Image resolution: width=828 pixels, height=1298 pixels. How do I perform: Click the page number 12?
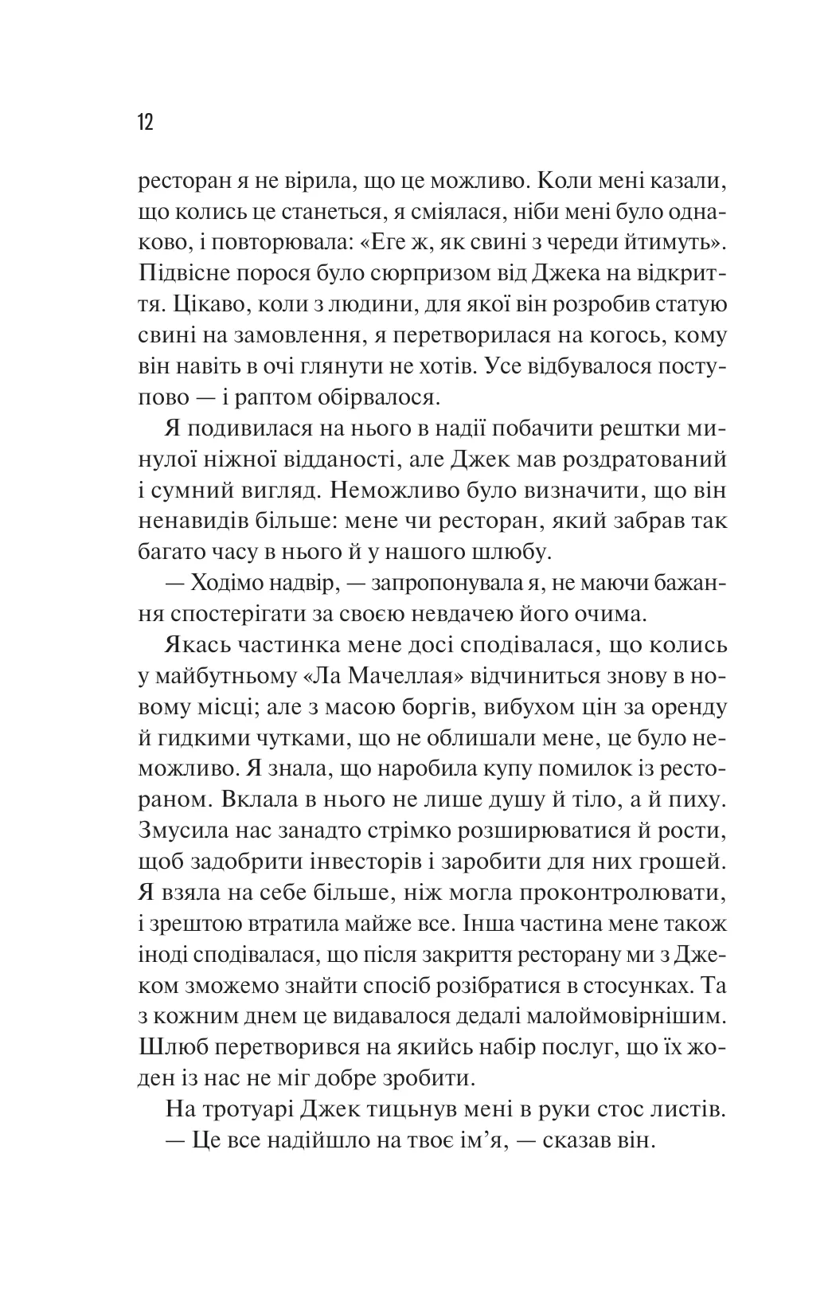click(x=145, y=123)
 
